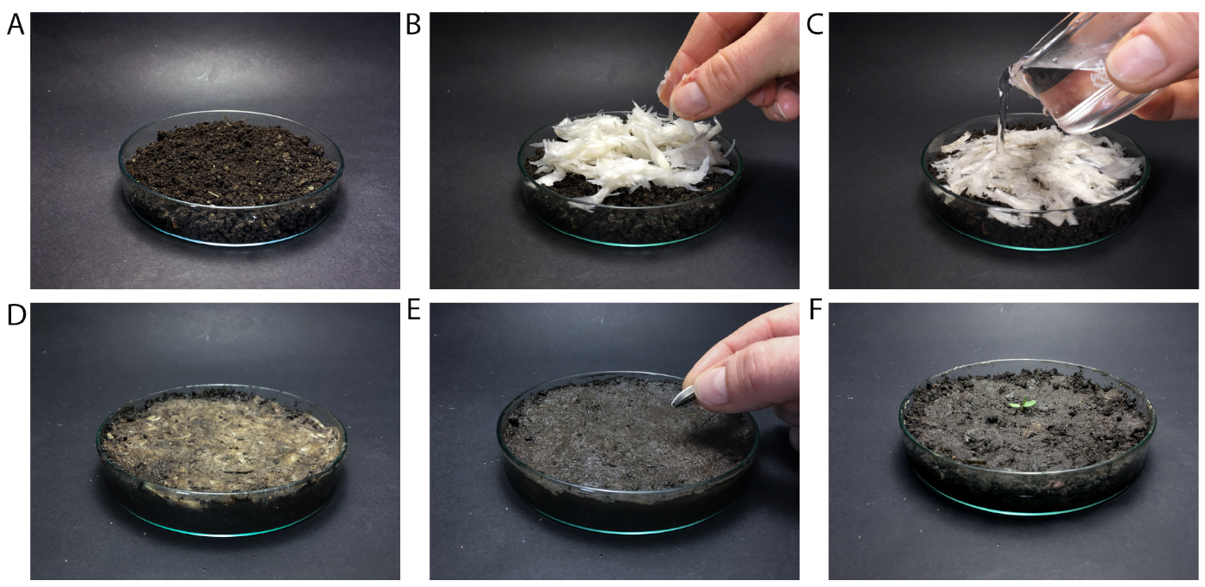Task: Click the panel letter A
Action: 15,25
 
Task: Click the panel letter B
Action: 412,25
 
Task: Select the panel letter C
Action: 815,25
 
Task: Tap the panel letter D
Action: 16,315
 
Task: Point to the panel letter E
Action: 413,311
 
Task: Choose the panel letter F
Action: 816,311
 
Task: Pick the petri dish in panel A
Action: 231,178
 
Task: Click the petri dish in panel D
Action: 222,460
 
